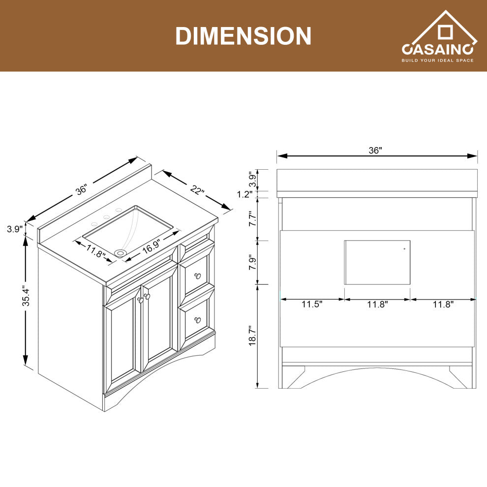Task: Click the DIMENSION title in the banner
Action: (243, 36)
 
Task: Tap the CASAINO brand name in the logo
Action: (437, 50)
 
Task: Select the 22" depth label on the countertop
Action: (197, 190)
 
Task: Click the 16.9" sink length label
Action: (151, 246)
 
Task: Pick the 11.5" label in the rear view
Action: (312, 304)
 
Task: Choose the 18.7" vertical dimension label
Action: (252, 336)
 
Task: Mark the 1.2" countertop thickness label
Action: (245, 194)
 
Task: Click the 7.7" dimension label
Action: (252, 218)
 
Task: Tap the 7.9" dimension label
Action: (252, 263)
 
